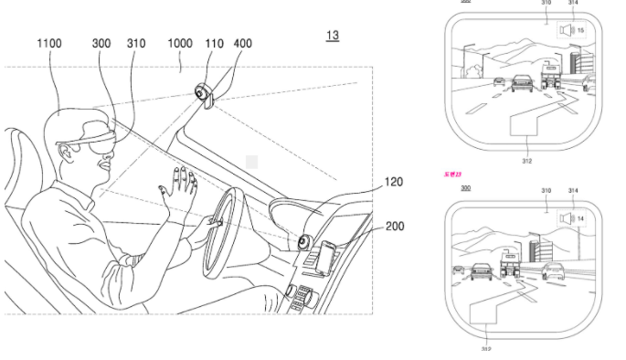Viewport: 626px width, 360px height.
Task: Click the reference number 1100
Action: [x=52, y=42]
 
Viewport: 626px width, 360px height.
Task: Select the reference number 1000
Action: [x=179, y=42]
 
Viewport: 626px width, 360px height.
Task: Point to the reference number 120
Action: [x=392, y=182]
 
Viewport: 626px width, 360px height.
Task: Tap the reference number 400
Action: [x=242, y=42]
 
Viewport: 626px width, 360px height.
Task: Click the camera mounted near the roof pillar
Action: [x=203, y=93]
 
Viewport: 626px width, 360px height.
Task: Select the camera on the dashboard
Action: [x=300, y=241]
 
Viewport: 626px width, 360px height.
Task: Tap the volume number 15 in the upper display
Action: [x=579, y=30]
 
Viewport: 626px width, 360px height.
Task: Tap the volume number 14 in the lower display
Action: [x=579, y=219]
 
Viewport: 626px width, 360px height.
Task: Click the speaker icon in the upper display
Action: [x=567, y=30]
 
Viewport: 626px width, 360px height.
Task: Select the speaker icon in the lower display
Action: [x=567, y=219]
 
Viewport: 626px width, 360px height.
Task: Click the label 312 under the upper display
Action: [x=527, y=161]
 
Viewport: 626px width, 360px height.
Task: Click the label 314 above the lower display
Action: [x=573, y=191]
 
